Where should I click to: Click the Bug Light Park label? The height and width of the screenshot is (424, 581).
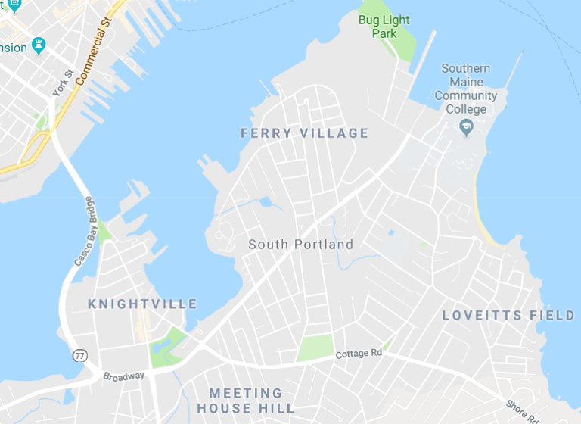378,25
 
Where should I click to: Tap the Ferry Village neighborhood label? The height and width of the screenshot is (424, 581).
304,133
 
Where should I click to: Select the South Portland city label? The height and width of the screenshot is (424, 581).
300,245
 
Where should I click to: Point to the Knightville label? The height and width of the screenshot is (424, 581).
142,304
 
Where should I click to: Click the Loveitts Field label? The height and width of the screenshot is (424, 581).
508,315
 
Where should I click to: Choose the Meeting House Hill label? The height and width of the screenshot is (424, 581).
245,401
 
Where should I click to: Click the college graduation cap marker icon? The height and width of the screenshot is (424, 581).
467,126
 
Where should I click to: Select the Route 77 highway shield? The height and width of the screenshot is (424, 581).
79,355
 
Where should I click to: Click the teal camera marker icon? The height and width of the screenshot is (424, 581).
38,47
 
